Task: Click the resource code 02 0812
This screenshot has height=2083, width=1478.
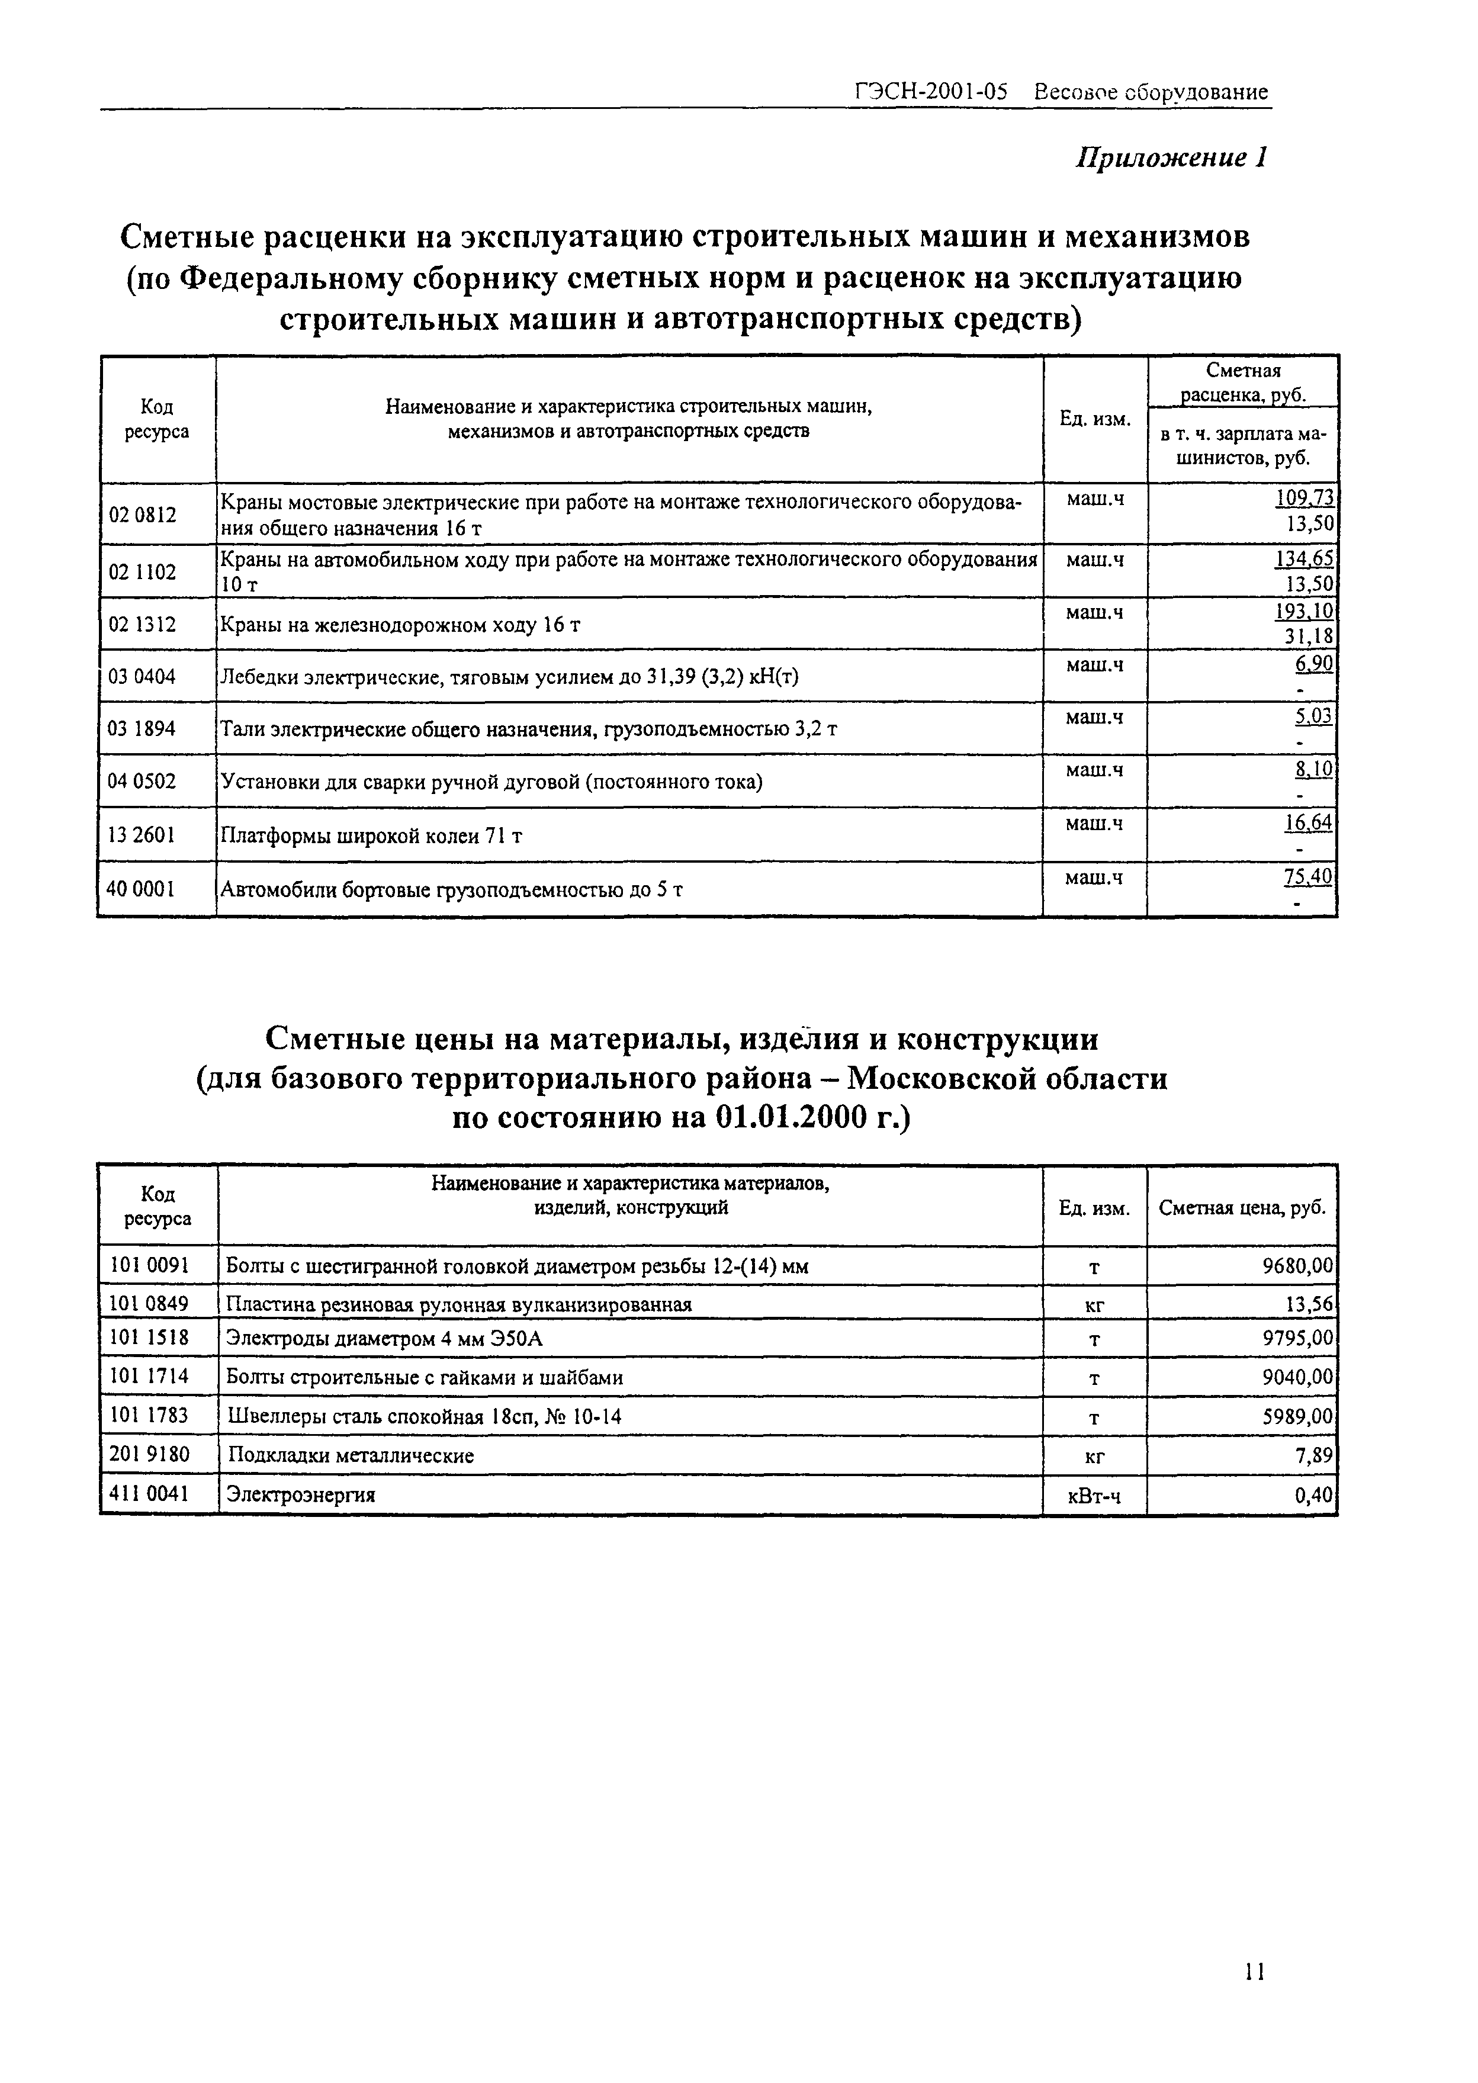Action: (x=142, y=515)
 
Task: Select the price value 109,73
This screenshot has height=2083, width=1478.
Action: (x=1304, y=498)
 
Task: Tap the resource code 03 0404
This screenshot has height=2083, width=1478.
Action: (x=142, y=676)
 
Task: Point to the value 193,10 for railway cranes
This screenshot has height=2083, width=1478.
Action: (x=1304, y=610)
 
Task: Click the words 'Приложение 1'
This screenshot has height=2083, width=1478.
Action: (x=1171, y=158)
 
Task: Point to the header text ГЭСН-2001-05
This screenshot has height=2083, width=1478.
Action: (x=931, y=92)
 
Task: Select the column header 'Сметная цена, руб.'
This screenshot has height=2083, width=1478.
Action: (x=1241, y=1207)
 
